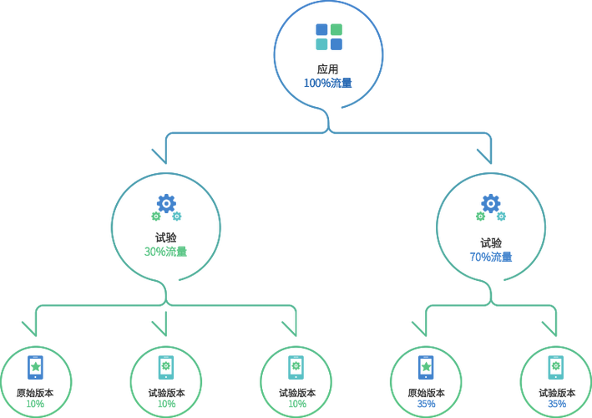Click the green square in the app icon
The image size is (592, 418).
[336, 29]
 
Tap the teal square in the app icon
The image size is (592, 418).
[321, 44]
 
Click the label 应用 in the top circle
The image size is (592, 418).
[327, 69]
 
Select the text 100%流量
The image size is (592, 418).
[327, 83]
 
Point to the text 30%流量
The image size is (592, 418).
[166, 252]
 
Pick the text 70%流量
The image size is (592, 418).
[491, 257]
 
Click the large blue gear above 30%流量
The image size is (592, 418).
[166, 204]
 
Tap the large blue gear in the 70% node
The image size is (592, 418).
[491, 204]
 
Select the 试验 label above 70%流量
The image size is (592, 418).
[491, 243]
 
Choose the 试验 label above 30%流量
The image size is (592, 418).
[166, 237]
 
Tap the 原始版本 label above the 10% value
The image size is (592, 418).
[35, 393]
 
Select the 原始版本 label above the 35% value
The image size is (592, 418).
[426, 393]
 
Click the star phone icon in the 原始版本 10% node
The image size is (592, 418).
[36, 367]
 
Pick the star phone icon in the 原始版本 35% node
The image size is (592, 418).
[426, 367]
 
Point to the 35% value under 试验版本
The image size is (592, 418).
[557, 404]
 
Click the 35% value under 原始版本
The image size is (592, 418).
[426, 404]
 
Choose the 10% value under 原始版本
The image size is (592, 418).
[35, 404]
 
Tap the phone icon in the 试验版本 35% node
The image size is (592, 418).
[556, 367]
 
